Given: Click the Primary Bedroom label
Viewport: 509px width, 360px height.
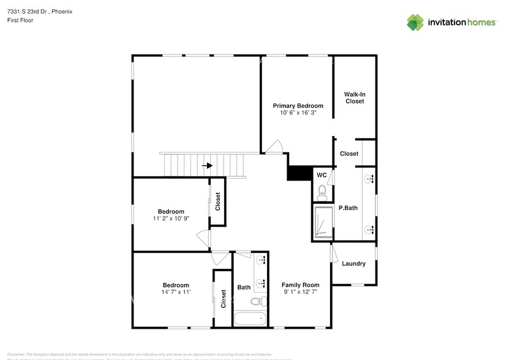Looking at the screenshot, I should pyautogui.click(x=298, y=106).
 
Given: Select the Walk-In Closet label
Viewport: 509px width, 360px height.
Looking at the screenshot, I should pyautogui.click(x=355, y=97).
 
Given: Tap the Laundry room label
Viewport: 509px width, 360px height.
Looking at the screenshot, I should pyautogui.click(x=353, y=264).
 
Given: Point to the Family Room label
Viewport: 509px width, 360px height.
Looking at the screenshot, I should pyautogui.click(x=300, y=285).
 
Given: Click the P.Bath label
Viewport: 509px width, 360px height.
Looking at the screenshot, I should pyautogui.click(x=348, y=208).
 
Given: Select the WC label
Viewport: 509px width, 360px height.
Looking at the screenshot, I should pyautogui.click(x=321, y=176).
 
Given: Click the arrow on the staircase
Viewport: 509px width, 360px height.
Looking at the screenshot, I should pyautogui.click(x=208, y=165).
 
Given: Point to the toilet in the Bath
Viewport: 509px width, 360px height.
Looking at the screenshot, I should pyautogui.click(x=259, y=301).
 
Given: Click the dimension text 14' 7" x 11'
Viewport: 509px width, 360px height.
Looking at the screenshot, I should pyautogui.click(x=175, y=293).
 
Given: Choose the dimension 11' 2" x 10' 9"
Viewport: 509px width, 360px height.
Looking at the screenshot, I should pyautogui.click(x=172, y=219).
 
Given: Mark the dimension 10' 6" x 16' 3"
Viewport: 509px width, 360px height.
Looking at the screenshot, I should pyautogui.click(x=298, y=113).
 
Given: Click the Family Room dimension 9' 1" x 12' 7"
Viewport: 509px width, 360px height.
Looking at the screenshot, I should pyautogui.click(x=300, y=293).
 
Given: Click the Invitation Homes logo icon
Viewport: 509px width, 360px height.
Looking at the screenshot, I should pyautogui.click(x=415, y=22).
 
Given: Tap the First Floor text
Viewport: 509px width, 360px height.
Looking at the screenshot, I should pyautogui.click(x=21, y=20).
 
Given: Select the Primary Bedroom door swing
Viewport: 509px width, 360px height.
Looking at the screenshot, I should pyautogui.click(x=274, y=147).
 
